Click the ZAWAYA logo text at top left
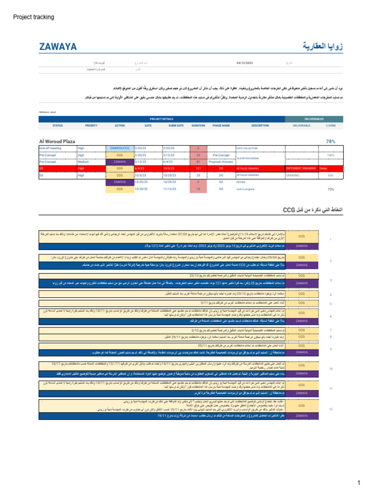[58, 47]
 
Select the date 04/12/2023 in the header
[244, 63]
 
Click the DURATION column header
[198, 125]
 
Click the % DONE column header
[331, 125]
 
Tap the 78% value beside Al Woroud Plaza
[331, 141]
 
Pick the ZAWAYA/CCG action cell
[120, 148]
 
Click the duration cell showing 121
[198, 168]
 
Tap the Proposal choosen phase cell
[222, 161]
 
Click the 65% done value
[331, 175]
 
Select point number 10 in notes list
[331, 369]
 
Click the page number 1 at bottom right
[358, 483]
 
